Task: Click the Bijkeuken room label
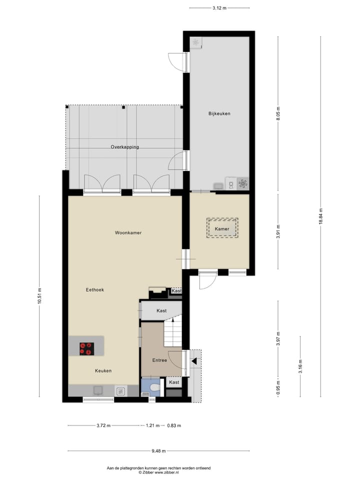(x=219, y=114)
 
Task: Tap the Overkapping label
(x=124, y=147)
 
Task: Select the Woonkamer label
(x=124, y=232)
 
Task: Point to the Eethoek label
(x=94, y=289)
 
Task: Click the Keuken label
(x=103, y=370)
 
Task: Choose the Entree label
(x=159, y=360)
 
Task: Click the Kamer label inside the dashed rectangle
(x=222, y=229)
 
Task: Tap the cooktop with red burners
(x=86, y=348)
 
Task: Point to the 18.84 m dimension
(x=320, y=216)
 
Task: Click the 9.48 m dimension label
(x=159, y=450)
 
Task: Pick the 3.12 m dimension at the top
(x=219, y=8)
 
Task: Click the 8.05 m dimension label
(x=278, y=114)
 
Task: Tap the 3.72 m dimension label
(x=104, y=425)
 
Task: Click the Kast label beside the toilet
(x=174, y=382)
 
